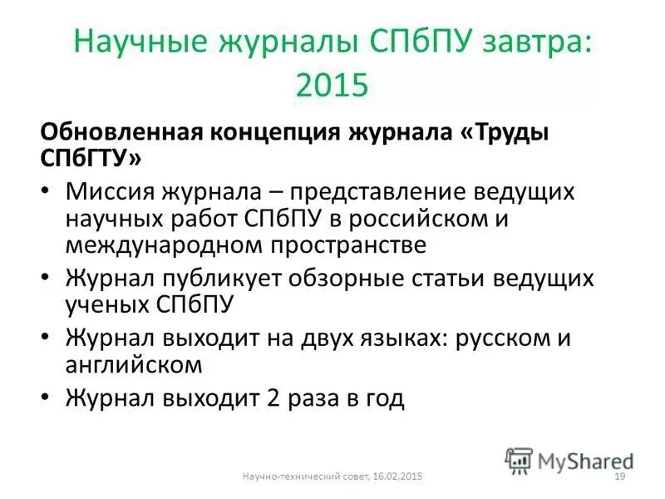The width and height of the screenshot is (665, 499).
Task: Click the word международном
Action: (159, 245)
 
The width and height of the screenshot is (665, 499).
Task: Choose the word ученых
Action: (106, 304)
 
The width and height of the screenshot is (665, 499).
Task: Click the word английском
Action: (133, 363)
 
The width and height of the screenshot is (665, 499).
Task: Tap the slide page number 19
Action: (618, 475)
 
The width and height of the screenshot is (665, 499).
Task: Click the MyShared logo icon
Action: (519, 459)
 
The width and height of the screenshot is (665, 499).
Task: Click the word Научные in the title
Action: (140, 43)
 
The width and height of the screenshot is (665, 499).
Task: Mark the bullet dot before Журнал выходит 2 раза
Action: (46, 398)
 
